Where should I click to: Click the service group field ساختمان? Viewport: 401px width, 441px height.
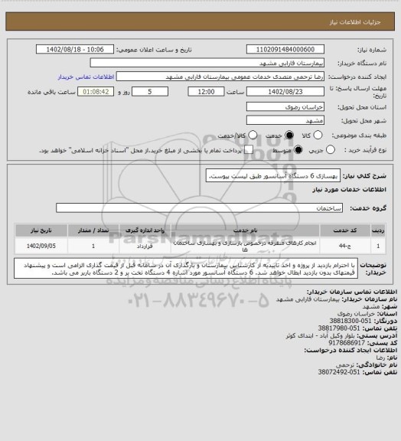click(199, 207)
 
